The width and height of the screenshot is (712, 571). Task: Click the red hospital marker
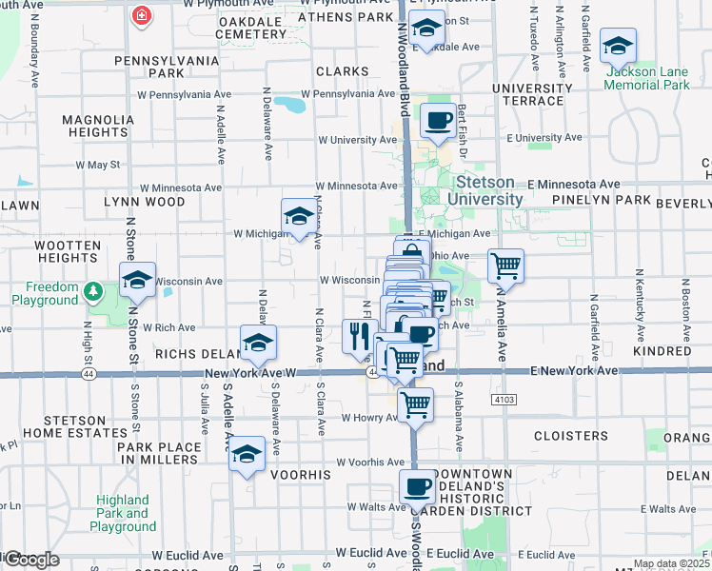142,17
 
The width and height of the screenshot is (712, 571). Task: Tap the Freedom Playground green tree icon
93,289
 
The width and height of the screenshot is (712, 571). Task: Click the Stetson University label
489,190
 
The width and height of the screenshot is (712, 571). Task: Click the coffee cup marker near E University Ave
438,121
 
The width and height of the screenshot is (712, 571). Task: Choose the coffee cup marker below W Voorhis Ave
416,486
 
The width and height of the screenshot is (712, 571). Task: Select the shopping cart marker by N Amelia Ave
505,266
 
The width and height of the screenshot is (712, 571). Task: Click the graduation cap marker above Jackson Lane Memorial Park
618,45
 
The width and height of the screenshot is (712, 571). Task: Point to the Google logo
30,560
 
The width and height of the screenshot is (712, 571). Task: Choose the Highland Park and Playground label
123,513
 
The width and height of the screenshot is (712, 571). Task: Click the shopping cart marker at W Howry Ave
415,404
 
